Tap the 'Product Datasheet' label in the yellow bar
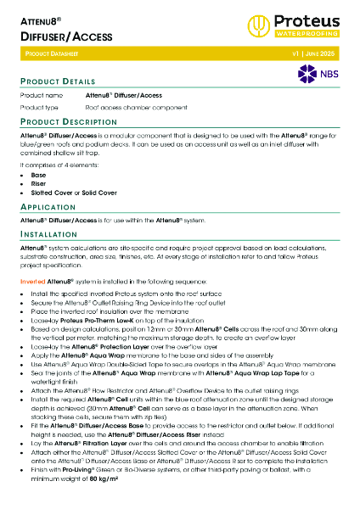(50, 53)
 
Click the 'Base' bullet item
(39, 175)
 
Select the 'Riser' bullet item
(40, 184)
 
